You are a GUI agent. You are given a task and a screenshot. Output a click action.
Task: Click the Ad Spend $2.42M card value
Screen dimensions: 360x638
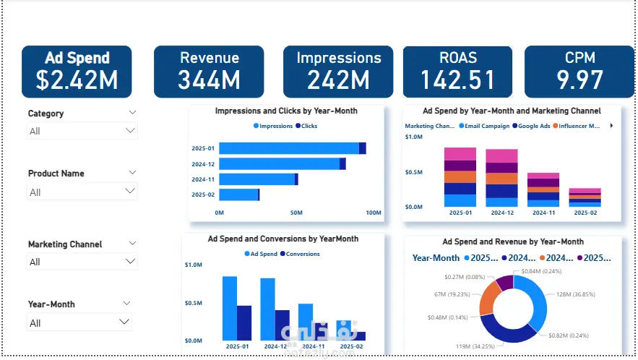pos(77,80)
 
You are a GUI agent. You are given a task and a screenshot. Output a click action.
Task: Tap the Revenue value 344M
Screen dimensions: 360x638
pos(209,80)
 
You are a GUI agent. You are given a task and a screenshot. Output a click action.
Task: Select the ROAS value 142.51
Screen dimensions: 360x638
pos(458,80)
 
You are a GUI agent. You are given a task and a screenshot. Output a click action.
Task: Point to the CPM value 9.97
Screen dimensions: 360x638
pos(579,80)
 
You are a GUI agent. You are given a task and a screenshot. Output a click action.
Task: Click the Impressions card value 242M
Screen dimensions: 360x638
pos(338,80)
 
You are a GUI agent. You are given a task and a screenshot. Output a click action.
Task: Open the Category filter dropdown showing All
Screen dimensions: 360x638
pos(82,131)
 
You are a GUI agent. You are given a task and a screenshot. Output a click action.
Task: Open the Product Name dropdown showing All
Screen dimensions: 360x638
pos(82,192)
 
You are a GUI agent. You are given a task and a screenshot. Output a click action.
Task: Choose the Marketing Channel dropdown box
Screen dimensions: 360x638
pos(82,262)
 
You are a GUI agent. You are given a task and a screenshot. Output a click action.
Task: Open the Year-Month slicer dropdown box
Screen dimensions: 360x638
pos(82,323)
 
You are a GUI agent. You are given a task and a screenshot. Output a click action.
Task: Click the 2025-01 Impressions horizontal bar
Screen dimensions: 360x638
pos(288,148)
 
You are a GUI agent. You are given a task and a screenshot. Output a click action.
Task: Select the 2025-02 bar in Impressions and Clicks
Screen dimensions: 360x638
pos(238,194)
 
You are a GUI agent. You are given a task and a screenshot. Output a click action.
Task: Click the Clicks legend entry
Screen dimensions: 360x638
pos(309,126)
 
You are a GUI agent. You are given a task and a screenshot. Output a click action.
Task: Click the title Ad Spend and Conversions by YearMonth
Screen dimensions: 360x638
pos(283,239)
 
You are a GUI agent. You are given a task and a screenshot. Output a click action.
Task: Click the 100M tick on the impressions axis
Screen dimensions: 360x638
pos(373,213)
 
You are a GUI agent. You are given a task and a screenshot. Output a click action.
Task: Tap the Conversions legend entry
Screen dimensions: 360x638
pos(303,254)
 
